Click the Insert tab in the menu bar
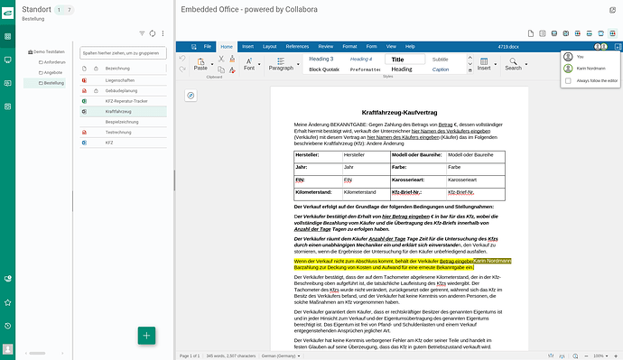[x=247, y=45]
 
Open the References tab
[x=297, y=45]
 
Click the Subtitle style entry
[x=440, y=59]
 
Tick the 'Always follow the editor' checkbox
[x=568, y=80]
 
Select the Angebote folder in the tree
[x=52, y=72]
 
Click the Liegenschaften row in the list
[x=120, y=80]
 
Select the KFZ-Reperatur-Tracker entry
[x=127, y=101]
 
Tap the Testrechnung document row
[x=118, y=132]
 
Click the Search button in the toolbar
[x=514, y=67]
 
